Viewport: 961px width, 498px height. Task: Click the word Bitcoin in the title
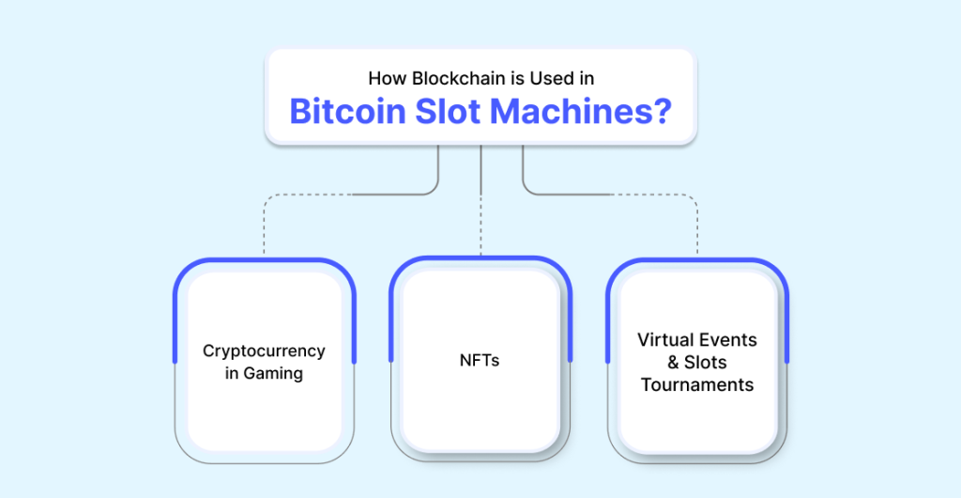click(347, 111)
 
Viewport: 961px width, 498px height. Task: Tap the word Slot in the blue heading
click(447, 111)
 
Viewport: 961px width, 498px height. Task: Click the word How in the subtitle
click(388, 79)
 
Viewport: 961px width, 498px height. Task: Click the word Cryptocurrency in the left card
click(264, 351)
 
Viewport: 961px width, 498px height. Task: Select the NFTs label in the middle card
click(480, 361)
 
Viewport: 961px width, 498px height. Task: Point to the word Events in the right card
click(729, 340)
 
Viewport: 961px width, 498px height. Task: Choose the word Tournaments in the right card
click(697, 385)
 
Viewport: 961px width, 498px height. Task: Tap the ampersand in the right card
click(674, 363)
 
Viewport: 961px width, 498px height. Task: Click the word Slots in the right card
click(706, 363)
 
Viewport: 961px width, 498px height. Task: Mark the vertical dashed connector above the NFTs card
click(481, 225)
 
